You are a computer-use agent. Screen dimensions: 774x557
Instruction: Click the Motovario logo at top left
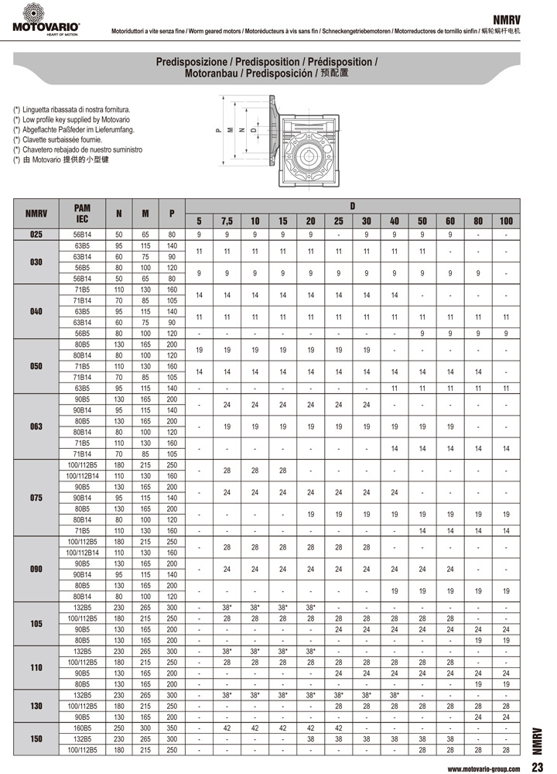click(45, 19)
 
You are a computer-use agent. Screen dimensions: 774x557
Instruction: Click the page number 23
click(536, 767)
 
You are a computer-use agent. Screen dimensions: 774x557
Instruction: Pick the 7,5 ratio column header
click(227, 221)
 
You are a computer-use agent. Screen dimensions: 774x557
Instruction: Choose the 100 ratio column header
click(506, 221)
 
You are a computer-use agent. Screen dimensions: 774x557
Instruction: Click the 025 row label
click(36, 235)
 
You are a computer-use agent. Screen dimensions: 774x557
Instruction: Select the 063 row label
click(36, 426)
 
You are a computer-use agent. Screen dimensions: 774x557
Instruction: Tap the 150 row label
click(36, 739)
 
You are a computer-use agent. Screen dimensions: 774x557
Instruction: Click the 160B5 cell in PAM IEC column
click(82, 728)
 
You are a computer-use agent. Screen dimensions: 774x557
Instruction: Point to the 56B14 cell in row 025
click(82, 235)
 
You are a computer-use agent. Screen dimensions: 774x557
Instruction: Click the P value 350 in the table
click(172, 728)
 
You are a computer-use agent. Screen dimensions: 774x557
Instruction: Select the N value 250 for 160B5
click(118, 728)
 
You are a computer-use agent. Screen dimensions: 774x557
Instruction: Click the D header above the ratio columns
click(352, 206)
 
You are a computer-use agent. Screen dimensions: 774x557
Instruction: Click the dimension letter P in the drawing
click(219, 131)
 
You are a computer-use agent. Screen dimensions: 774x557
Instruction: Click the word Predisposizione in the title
click(191, 60)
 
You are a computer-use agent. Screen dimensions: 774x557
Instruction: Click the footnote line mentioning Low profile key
click(71, 120)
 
